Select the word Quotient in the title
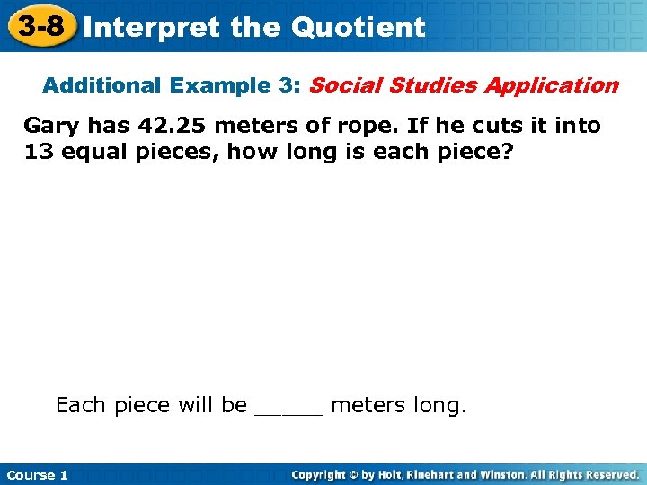pos(358,28)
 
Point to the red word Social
pos(341,86)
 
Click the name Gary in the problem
pos(51,126)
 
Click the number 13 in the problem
pos(39,151)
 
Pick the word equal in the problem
pos(97,152)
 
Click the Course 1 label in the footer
pos(37,474)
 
